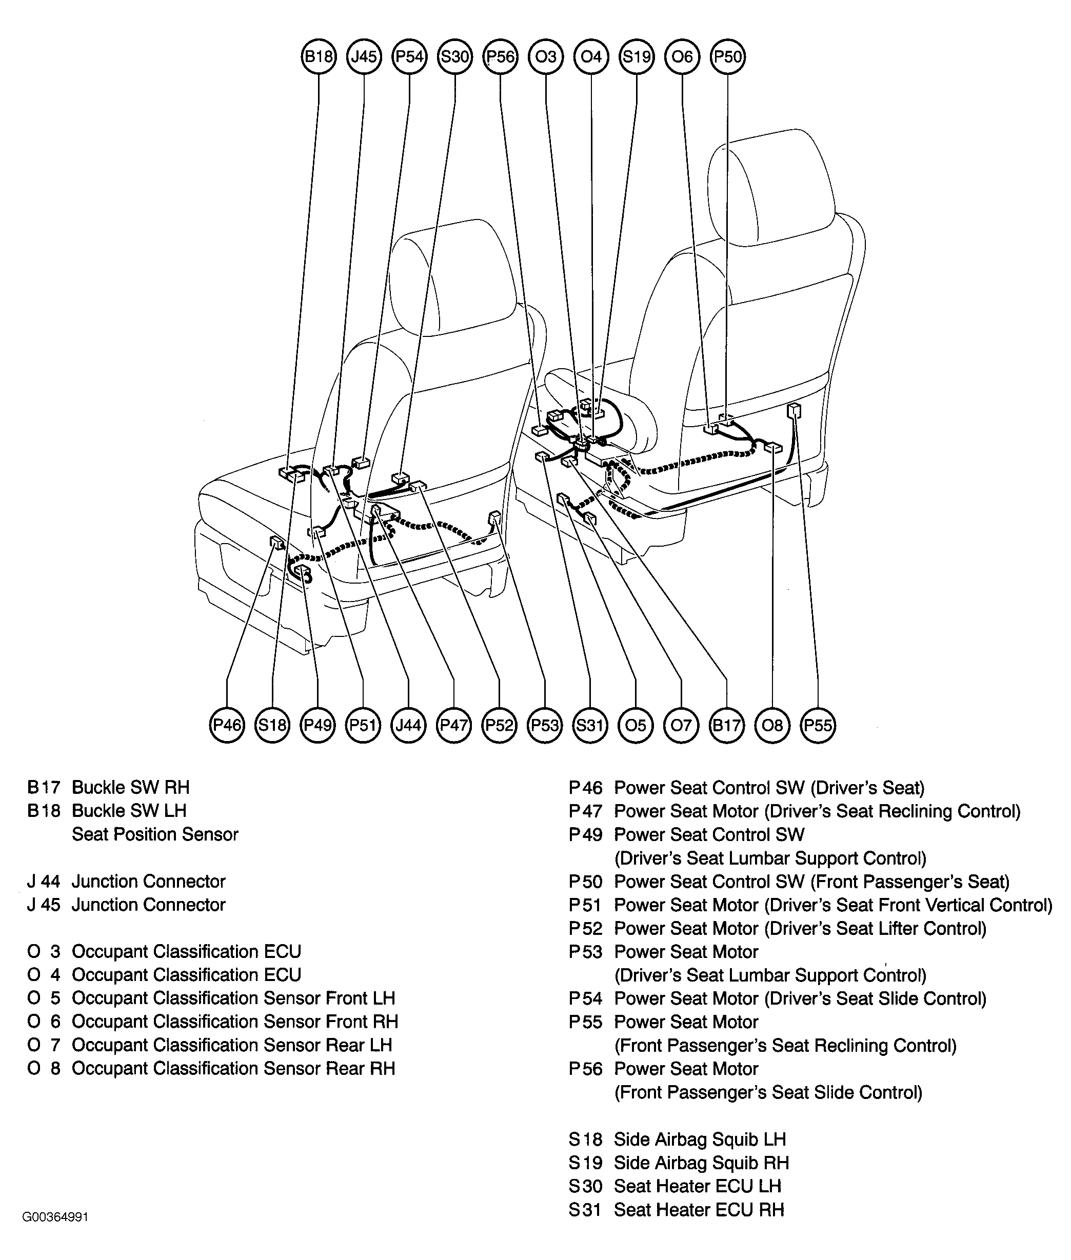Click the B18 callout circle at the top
tap(319, 57)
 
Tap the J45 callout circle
tap(364, 57)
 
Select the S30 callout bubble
tap(455, 57)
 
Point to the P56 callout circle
tap(500, 57)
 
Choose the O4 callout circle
tap(591, 57)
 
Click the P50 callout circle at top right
tap(727, 57)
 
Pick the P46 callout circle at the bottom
tap(227, 725)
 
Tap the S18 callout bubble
tap(272, 725)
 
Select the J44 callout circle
tap(409, 725)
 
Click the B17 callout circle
tap(727, 725)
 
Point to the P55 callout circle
tap(818, 725)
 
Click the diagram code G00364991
tap(55, 1217)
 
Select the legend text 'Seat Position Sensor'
tap(155, 834)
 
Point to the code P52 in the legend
tap(585, 929)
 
